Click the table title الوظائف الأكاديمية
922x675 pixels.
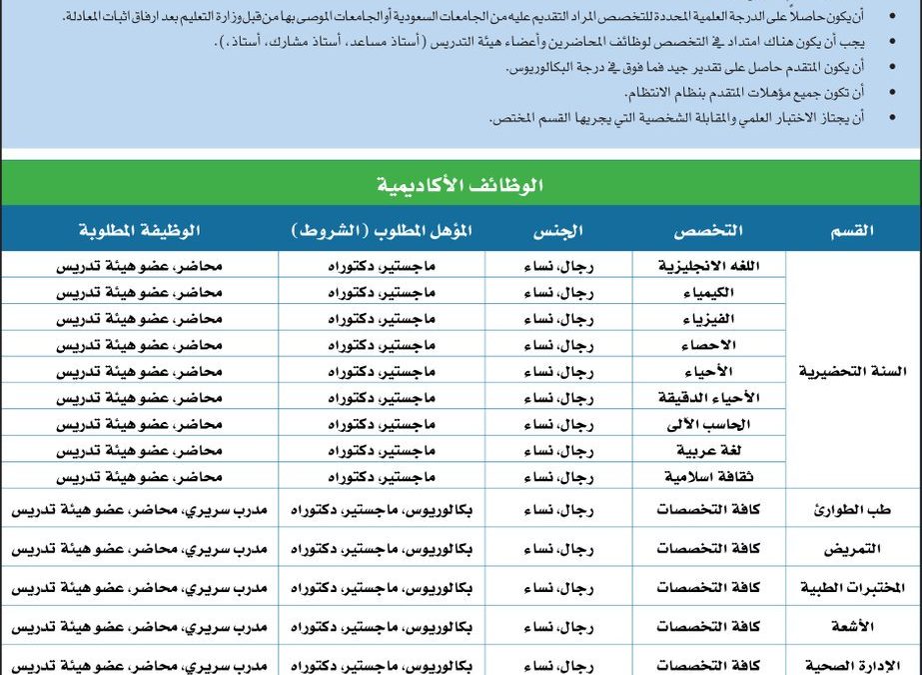(461, 185)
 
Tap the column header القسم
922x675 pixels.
(851, 231)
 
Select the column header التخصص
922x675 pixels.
(708, 231)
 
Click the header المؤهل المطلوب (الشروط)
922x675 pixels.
(382, 231)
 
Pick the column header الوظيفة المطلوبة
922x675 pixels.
(140, 231)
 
